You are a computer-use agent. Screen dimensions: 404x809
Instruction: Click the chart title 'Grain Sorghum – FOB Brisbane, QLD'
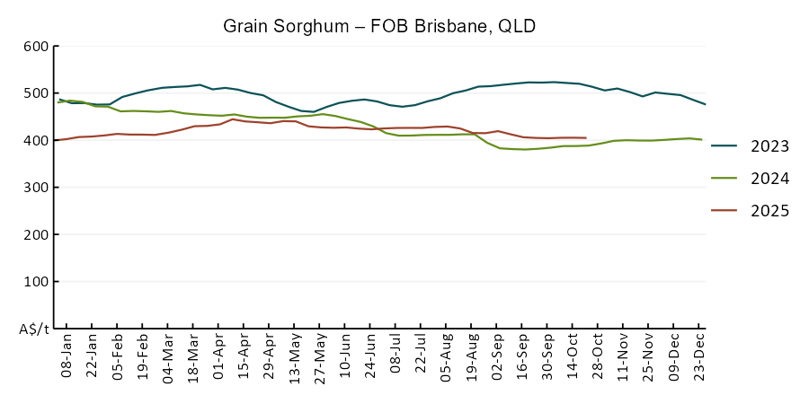click(x=379, y=26)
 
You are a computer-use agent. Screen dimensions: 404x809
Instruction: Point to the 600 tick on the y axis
click(x=35, y=47)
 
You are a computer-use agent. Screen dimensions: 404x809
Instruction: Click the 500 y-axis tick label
click(x=35, y=93)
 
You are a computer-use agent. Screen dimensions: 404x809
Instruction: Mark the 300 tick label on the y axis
click(x=35, y=188)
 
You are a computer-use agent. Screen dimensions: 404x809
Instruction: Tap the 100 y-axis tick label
click(x=35, y=282)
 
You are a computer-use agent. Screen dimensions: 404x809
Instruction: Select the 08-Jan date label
click(x=67, y=357)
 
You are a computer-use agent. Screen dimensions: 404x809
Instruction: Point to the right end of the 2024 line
click(x=701, y=139)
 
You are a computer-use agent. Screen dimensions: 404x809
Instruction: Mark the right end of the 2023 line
click(x=705, y=104)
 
